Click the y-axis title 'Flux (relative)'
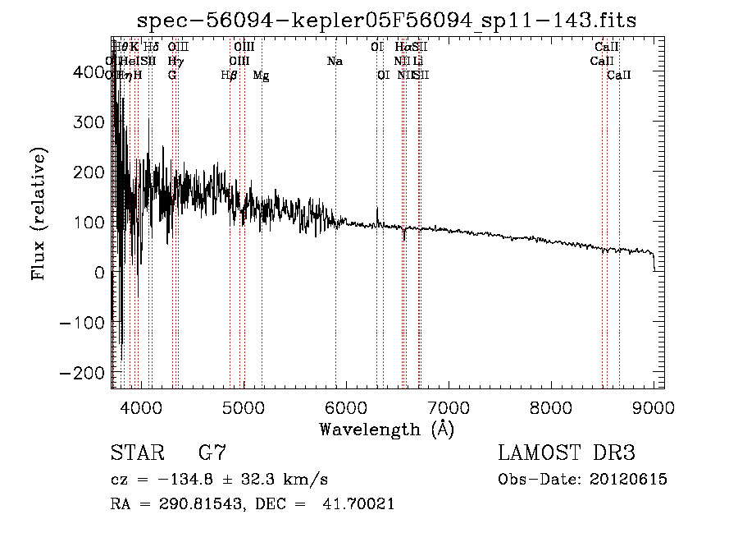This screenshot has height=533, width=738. [39, 214]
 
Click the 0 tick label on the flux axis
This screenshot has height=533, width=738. [99, 273]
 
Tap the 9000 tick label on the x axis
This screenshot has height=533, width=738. [653, 407]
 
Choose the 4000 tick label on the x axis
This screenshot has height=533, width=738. [140, 407]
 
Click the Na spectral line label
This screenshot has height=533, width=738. [335, 62]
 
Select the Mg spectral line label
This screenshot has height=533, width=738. [261, 76]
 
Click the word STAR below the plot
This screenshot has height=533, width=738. [136, 453]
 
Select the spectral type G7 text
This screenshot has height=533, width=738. [212, 453]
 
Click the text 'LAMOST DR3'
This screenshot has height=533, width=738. [567, 453]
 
